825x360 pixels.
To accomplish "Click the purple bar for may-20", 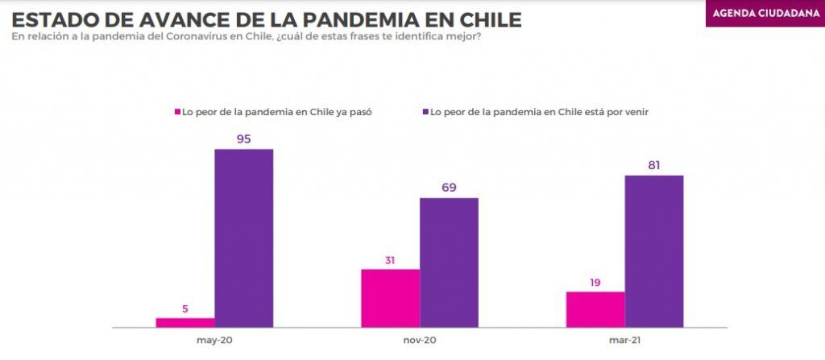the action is (243, 238).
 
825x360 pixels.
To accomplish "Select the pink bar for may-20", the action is (185, 323).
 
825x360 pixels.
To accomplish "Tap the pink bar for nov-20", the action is (391, 299).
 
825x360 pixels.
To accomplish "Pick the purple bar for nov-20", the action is (449, 263).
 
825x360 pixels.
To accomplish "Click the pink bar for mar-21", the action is (595, 309).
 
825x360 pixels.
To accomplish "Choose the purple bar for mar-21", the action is (654, 251).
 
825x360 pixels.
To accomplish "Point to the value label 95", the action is (243, 139).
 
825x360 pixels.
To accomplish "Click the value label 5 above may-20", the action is (185, 309).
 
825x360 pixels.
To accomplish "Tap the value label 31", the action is (390, 260).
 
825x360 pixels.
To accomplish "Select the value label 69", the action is (449, 188).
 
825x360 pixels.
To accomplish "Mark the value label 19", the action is (595, 283).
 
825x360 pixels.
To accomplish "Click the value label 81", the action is (654, 165).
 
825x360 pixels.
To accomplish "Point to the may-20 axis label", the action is (214, 341).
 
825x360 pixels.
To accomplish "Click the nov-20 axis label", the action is (420, 341).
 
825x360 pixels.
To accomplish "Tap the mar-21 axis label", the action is (625, 341).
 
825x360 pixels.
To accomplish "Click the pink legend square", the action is (178, 112).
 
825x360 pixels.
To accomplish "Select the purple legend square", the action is (425, 112).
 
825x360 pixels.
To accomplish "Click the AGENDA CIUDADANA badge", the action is (765, 14).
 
